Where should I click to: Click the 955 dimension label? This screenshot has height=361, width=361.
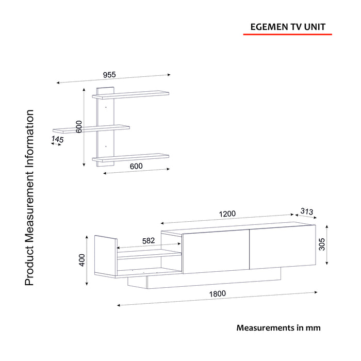point(109,75)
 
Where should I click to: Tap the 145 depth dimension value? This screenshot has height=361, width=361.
point(57,139)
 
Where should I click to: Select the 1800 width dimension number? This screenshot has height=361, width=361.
point(217,294)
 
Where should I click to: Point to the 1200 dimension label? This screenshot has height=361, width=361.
point(227,214)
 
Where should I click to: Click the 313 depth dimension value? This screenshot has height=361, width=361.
point(307,211)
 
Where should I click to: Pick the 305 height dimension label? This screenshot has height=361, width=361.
point(322,244)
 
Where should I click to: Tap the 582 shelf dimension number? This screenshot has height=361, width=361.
point(149,241)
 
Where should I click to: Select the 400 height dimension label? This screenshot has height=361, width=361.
point(82,260)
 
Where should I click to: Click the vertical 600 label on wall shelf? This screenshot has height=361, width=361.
point(79,127)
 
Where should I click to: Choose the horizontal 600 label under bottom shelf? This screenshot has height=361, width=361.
point(136,166)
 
